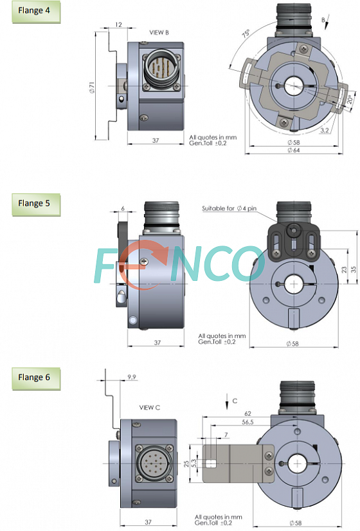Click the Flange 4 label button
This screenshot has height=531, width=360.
[36, 12]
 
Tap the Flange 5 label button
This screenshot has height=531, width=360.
[36, 204]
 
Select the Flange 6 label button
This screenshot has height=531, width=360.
[36, 379]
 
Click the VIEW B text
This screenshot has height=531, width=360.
[159, 33]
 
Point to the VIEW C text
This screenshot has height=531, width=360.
[149, 408]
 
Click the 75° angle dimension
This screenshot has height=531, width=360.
[246, 34]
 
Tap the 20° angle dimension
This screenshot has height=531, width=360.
[350, 99]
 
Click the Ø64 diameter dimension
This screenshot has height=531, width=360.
[294, 150]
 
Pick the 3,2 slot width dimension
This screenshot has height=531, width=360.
[324, 130]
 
